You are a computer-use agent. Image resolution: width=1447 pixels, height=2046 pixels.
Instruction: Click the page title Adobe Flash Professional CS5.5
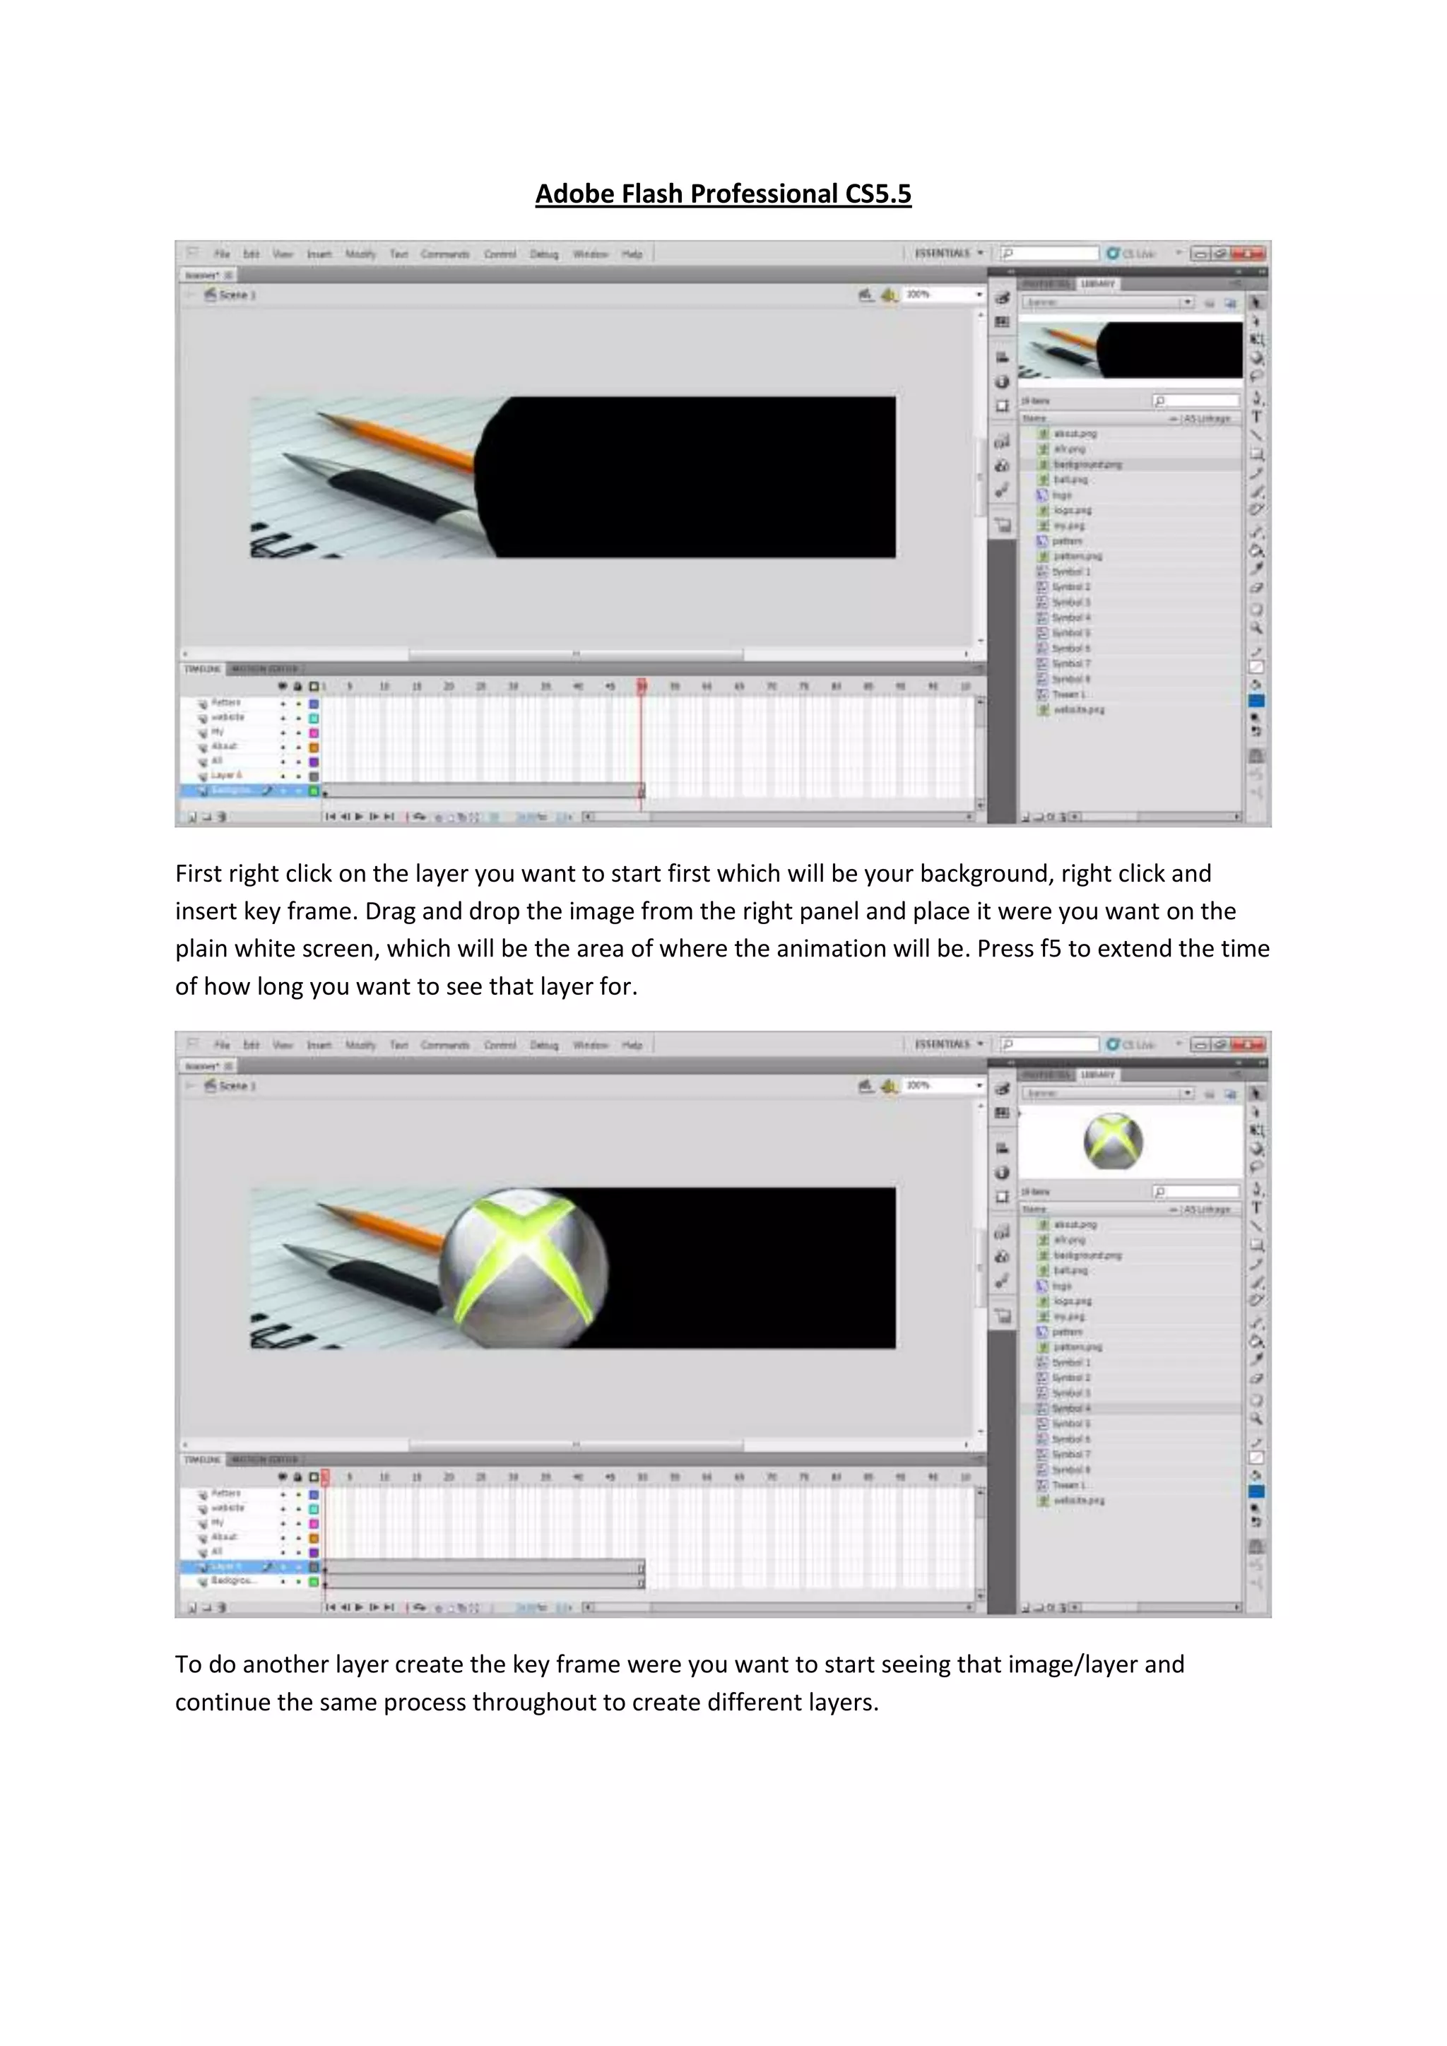click(723, 194)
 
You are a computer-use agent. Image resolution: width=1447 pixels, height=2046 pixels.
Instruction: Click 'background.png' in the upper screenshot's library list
click(1087, 464)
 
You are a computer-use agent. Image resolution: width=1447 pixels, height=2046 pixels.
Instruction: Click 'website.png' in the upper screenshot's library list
click(1078, 709)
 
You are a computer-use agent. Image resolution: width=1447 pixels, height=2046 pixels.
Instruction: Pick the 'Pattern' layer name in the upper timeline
click(225, 702)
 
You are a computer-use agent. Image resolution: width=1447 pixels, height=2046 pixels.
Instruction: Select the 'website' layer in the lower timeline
click(228, 1508)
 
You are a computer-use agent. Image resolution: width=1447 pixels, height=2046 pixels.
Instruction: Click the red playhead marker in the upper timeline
click(642, 686)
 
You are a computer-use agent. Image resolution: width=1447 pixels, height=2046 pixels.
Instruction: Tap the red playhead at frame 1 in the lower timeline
click(325, 1477)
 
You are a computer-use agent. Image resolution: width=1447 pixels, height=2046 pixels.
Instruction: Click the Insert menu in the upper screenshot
click(319, 254)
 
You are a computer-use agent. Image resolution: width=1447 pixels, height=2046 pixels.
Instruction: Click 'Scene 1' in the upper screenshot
click(236, 295)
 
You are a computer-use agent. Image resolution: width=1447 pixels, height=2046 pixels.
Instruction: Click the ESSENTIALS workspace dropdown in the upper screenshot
click(948, 253)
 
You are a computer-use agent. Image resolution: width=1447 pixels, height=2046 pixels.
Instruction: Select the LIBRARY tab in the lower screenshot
click(1098, 1075)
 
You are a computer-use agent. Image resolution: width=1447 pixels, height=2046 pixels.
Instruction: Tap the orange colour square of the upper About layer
click(314, 747)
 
